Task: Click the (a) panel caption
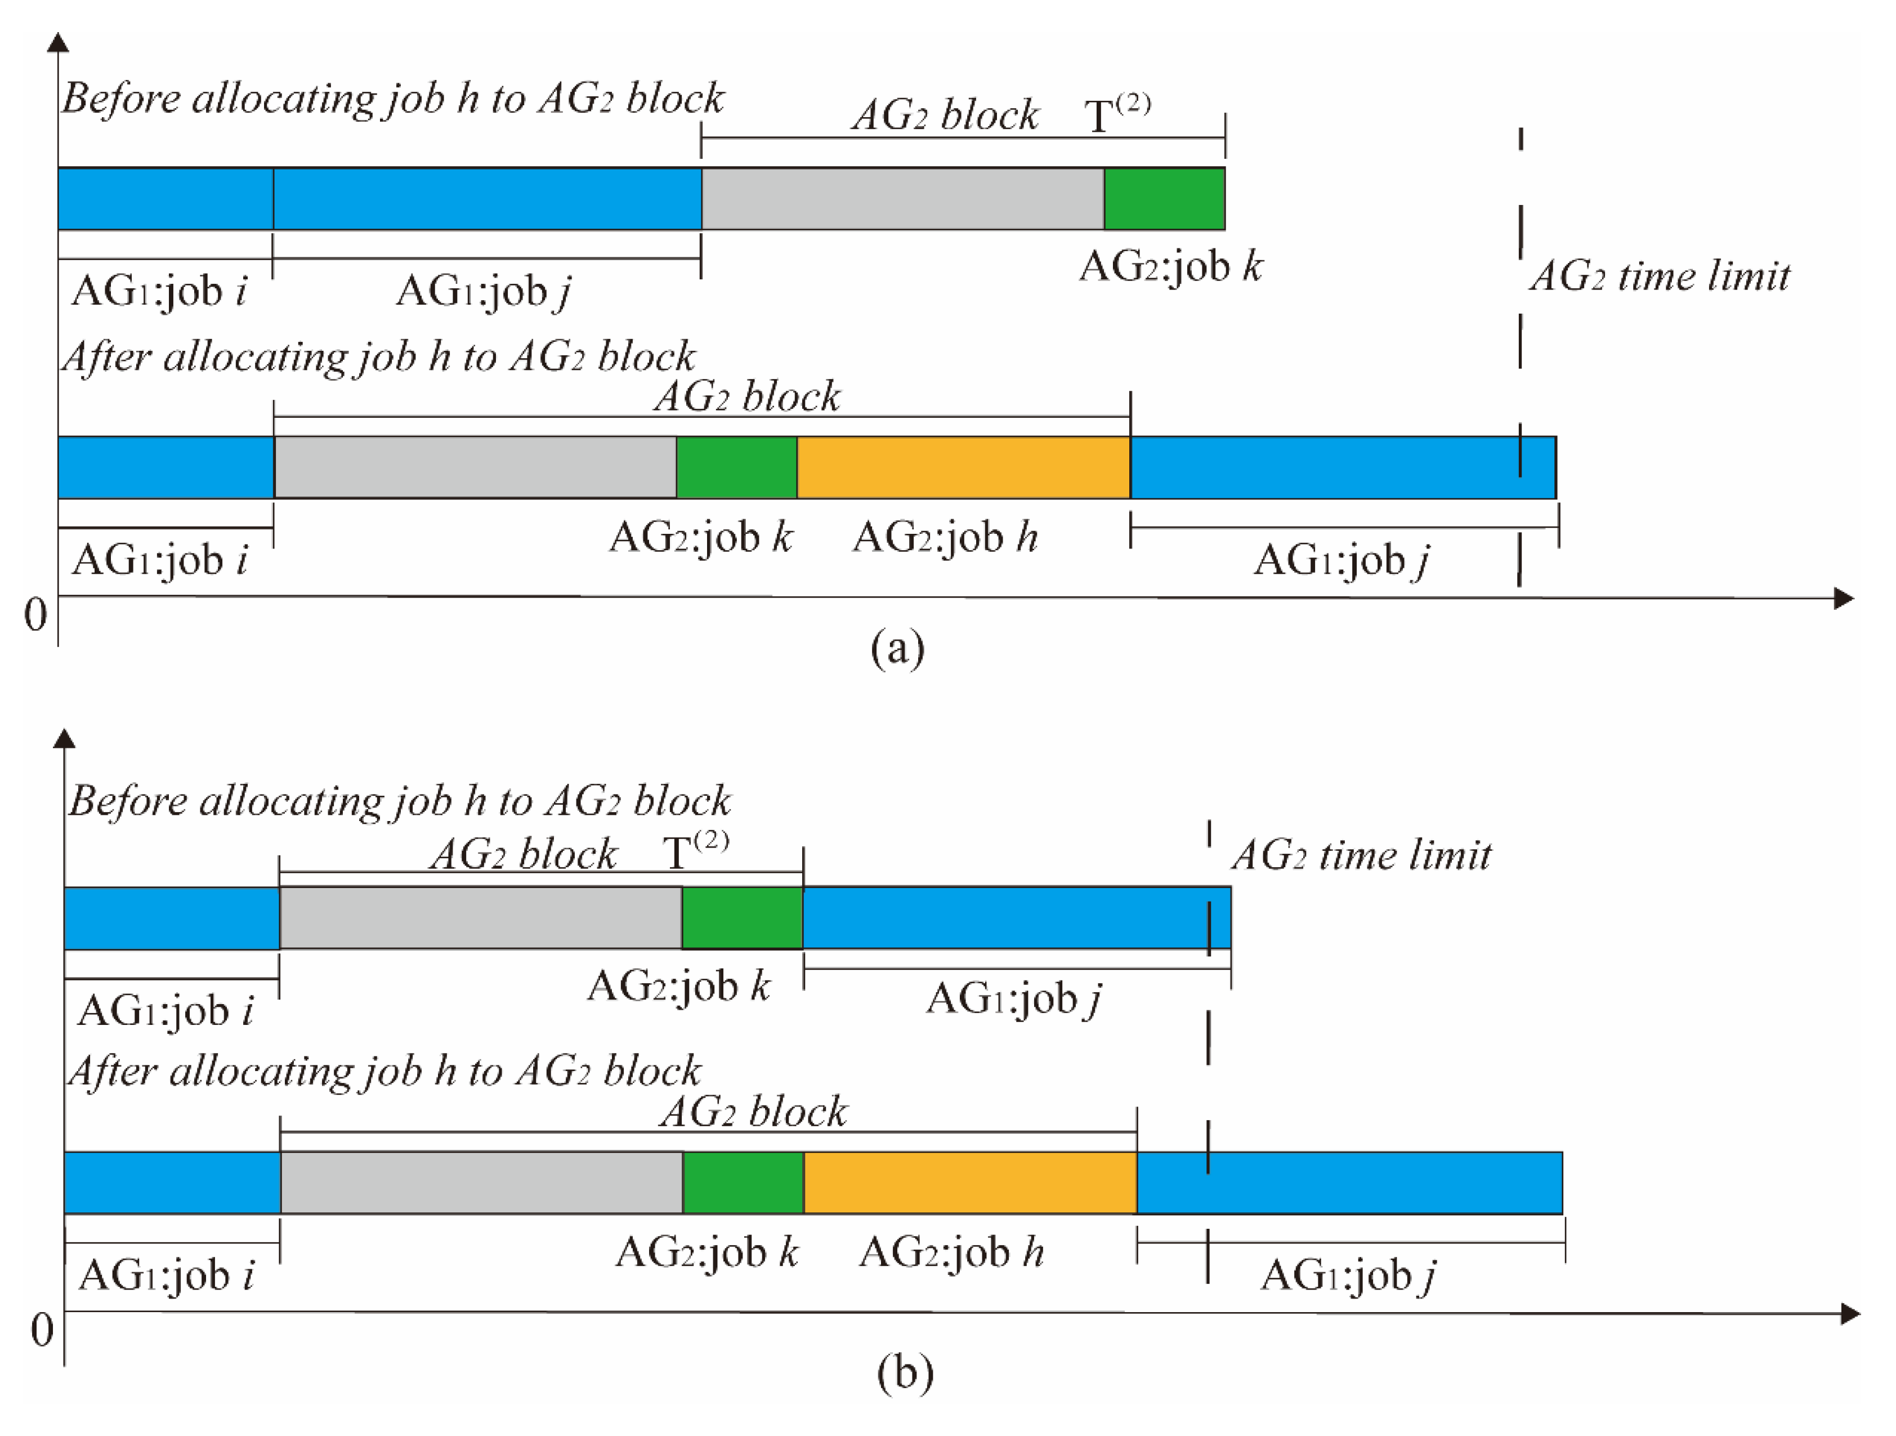[897, 648]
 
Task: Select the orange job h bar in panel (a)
[963, 467]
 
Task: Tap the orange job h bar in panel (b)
[969, 1182]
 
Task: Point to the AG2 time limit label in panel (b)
[1361, 855]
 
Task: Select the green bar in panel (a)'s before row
[1164, 199]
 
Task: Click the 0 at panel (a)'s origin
[35, 615]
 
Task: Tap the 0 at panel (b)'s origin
[41, 1330]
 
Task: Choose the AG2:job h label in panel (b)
[951, 1252]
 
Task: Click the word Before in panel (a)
[123, 99]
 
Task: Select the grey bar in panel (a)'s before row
[902, 199]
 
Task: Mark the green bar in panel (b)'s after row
[743, 1182]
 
